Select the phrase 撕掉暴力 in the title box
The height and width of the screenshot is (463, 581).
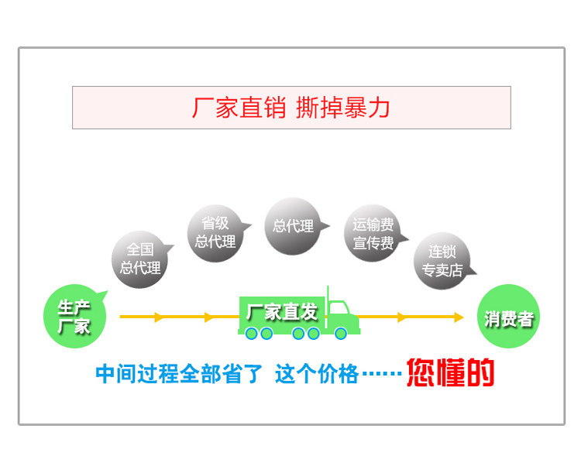click(x=343, y=108)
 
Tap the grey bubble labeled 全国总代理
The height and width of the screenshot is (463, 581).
click(x=140, y=259)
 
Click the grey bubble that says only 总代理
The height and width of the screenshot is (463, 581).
click(x=293, y=226)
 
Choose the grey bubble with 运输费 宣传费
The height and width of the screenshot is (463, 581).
click(x=373, y=234)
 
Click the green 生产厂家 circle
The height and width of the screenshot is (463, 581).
click(x=74, y=317)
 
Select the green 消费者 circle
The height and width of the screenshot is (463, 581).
click(x=508, y=317)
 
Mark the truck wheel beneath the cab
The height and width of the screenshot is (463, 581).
click(x=341, y=334)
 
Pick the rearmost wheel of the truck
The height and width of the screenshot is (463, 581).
click(x=252, y=334)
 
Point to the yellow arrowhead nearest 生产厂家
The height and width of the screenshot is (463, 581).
click(x=159, y=317)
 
